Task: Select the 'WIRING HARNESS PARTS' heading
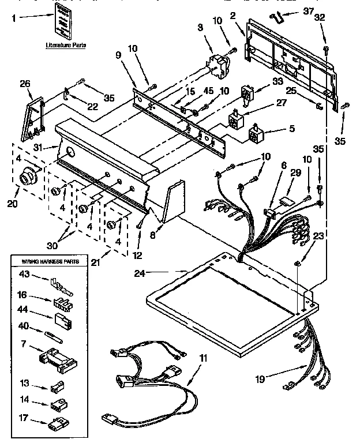point(51,261)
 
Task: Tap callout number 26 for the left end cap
point(24,84)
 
